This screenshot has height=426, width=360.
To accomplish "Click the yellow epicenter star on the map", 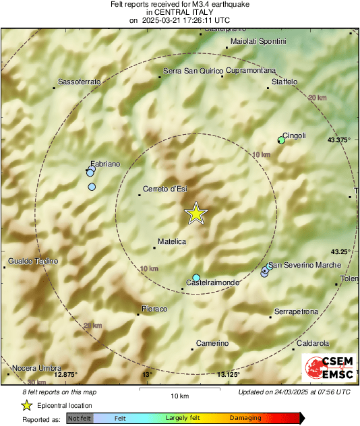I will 196,213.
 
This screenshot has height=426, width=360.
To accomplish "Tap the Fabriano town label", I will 105,164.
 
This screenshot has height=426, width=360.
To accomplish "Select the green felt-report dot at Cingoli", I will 281,140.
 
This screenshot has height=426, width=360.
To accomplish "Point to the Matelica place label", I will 171,241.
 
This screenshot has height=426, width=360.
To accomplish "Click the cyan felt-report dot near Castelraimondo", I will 196,278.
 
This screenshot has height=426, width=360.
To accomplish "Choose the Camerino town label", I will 212,344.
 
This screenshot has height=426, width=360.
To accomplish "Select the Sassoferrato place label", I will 80,82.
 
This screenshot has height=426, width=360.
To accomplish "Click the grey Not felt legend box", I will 80,419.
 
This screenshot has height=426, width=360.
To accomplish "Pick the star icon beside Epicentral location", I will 26,405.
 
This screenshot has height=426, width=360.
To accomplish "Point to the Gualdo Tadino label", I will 33,261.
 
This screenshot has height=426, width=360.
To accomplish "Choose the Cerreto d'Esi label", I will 165,189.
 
